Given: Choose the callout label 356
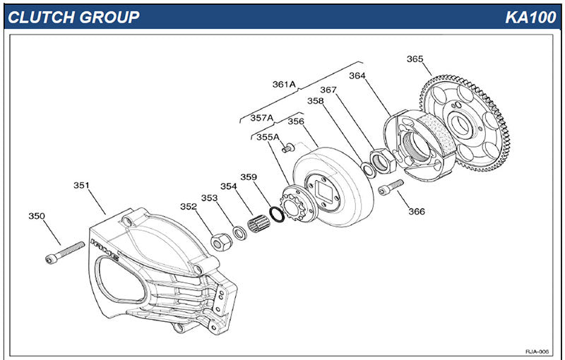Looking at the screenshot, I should click(x=295, y=121).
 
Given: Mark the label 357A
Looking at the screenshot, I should click(x=262, y=117).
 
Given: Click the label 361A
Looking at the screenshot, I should click(x=284, y=84).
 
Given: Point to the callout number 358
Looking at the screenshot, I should click(x=315, y=101).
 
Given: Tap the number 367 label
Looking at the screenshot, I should click(x=328, y=90).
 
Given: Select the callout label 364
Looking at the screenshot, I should click(x=357, y=75).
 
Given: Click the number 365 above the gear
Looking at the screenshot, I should click(x=415, y=59).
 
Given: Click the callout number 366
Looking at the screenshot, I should click(x=416, y=211).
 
